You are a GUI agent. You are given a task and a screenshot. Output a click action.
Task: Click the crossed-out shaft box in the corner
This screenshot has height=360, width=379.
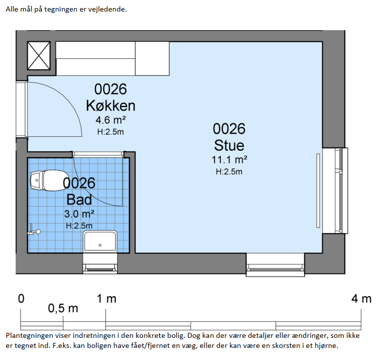pyautogui.click(x=39, y=55)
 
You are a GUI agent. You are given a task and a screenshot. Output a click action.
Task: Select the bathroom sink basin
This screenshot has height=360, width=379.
pyautogui.click(x=100, y=241)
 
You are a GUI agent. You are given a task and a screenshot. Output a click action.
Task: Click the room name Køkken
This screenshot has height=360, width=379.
pyautogui.click(x=111, y=106)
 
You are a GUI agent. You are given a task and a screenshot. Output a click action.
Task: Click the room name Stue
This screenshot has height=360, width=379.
pyautogui.click(x=229, y=145)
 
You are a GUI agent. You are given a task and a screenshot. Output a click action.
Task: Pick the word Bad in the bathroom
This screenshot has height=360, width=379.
pyautogui.click(x=80, y=200)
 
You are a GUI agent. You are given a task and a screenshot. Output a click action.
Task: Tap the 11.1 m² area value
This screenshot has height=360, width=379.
pyautogui.click(x=230, y=159)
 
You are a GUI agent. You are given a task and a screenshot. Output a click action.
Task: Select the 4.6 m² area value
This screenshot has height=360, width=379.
pyautogui.click(x=111, y=120)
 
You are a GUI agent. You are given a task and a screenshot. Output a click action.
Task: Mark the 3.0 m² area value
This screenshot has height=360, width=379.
pyautogui.click(x=80, y=214)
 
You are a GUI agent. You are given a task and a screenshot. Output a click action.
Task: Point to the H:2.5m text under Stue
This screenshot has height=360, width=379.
pyautogui.click(x=229, y=171)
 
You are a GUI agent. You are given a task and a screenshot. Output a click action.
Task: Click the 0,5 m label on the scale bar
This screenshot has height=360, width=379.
pyautogui.click(x=63, y=308)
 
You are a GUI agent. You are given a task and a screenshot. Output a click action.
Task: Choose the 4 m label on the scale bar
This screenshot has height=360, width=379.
pyautogui.click(x=361, y=299)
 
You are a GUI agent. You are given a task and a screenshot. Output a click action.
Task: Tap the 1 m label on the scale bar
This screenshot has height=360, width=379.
pyautogui.click(x=107, y=299)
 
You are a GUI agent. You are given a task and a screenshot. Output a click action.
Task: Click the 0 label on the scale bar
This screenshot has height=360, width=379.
pyautogui.click(x=21, y=299)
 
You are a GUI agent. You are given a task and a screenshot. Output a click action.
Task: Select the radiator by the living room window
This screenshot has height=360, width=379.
pyautogui.click(x=318, y=191)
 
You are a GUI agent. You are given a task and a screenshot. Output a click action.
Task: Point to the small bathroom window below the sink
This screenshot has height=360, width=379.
pyautogui.click(x=100, y=263)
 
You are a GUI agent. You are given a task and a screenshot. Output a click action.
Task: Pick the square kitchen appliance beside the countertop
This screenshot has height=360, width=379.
pyautogui.click(x=153, y=59)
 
